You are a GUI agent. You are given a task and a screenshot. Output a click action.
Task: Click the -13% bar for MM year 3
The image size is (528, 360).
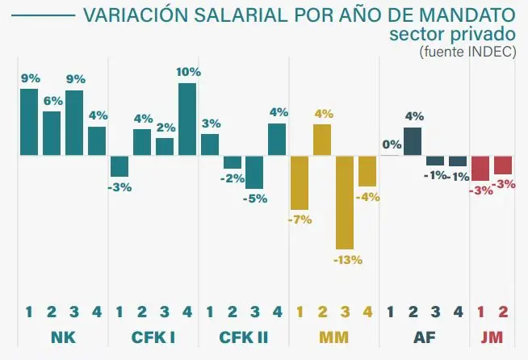(x=346, y=202)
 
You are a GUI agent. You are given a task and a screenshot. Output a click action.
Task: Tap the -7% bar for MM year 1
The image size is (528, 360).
(x=300, y=182)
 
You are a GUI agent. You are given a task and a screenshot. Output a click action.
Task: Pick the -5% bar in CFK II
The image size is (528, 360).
(x=255, y=172)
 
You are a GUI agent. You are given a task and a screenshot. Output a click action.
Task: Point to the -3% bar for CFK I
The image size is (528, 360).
(x=119, y=165)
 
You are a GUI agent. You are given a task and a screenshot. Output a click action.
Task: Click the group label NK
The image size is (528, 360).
(x=63, y=336)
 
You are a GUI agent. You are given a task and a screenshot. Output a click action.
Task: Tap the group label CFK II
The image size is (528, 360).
(x=244, y=336)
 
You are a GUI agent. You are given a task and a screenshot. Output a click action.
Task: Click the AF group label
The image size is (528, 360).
(x=424, y=336)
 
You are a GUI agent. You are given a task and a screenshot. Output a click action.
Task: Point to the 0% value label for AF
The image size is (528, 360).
(x=392, y=144)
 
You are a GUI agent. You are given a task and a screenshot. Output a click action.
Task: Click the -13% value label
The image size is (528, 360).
(x=346, y=260)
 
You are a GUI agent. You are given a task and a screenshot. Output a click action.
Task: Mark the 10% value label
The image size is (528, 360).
(x=187, y=72)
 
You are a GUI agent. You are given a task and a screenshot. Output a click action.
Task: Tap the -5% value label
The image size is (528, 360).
(x=256, y=199)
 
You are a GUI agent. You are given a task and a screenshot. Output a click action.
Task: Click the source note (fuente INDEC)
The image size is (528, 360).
(x=467, y=52)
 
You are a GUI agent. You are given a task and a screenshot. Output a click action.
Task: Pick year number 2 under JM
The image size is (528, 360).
(x=503, y=311)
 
